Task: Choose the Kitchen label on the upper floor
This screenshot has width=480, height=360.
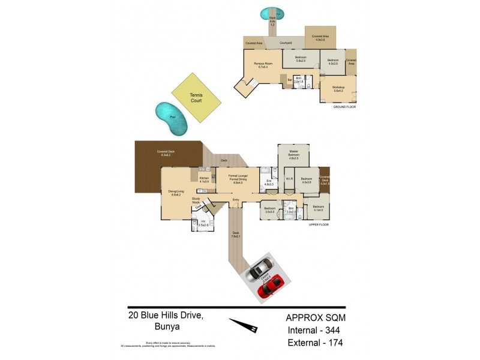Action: coord(204,179)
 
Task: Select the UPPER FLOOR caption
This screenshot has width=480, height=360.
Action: coord(320,224)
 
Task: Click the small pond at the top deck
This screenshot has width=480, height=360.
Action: coord(273,12)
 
